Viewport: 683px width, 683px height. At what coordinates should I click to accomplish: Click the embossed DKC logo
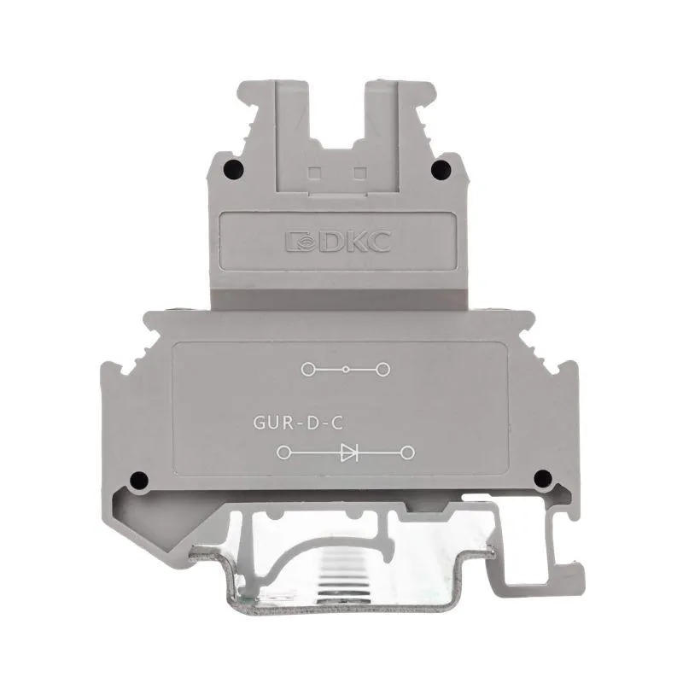(x=338, y=242)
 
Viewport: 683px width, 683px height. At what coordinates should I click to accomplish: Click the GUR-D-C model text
(x=298, y=423)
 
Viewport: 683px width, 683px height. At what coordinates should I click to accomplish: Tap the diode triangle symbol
(x=349, y=453)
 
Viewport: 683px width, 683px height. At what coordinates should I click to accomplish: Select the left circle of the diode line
(x=283, y=453)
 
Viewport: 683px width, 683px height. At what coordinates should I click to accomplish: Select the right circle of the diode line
(x=407, y=453)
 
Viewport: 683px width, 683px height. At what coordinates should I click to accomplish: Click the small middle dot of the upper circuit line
(x=346, y=370)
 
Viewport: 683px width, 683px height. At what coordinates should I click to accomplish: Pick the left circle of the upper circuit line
(x=308, y=370)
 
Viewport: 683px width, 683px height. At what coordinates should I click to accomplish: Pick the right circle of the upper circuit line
(x=382, y=370)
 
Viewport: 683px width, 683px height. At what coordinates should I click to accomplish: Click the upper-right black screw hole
(x=441, y=169)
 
